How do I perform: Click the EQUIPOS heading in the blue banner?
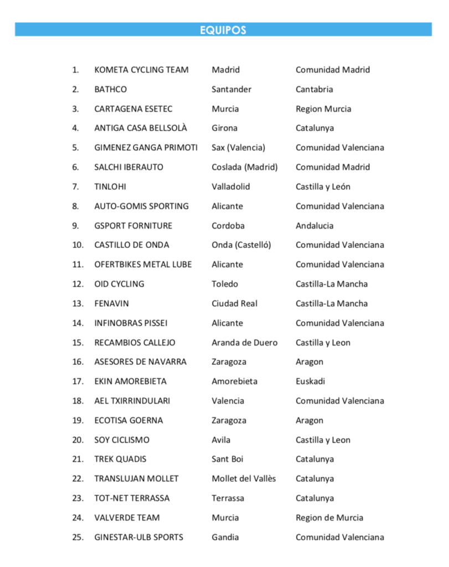[x=223, y=30]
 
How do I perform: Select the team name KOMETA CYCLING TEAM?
[x=141, y=70]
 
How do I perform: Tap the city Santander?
[x=231, y=89]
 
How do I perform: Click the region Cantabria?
[x=314, y=89]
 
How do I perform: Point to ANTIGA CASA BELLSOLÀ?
[x=141, y=128]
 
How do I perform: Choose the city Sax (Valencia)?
[x=238, y=148]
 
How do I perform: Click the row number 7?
[x=75, y=187]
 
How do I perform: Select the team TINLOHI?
[x=110, y=187]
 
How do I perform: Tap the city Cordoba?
[x=228, y=226]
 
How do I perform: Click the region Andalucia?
[x=314, y=226]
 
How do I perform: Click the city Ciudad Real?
[x=234, y=303]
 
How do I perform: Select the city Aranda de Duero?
[x=244, y=343]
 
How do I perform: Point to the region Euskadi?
[x=310, y=382]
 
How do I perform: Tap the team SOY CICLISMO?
[x=121, y=440]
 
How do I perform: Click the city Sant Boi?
[x=227, y=459]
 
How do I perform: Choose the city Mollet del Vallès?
[x=244, y=478]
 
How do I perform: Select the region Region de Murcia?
[x=329, y=518]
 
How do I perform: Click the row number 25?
[x=78, y=537]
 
